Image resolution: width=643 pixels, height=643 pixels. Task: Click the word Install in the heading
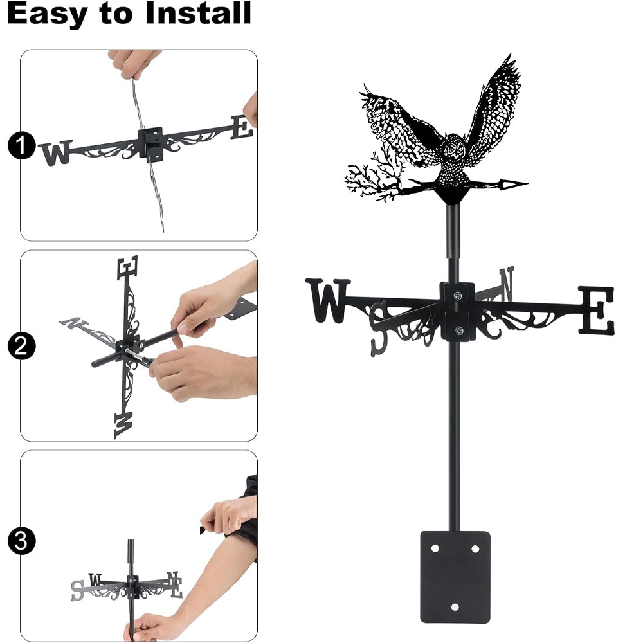(x=198, y=13)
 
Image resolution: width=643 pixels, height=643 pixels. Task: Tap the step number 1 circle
(x=21, y=145)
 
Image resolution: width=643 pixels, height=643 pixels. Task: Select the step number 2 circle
(x=21, y=346)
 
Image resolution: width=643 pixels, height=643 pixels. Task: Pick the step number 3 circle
(x=21, y=541)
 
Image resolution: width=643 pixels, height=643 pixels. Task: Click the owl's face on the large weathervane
(x=455, y=148)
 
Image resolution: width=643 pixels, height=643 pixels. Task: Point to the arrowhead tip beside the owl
(x=528, y=184)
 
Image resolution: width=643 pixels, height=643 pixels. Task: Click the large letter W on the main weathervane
(x=328, y=300)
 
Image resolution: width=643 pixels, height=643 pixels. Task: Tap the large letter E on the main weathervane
(x=597, y=310)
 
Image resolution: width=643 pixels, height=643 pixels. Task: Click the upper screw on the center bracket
(x=458, y=295)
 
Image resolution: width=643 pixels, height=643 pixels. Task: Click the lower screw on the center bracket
(x=459, y=330)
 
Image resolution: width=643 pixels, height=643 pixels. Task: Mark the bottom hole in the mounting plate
(x=455, y=607)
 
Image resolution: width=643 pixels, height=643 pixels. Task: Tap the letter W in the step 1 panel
(x=56, y=152)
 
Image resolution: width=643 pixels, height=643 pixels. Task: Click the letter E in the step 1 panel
(x=242, y=127)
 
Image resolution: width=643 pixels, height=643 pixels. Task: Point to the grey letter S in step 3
(x=78, y=590)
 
